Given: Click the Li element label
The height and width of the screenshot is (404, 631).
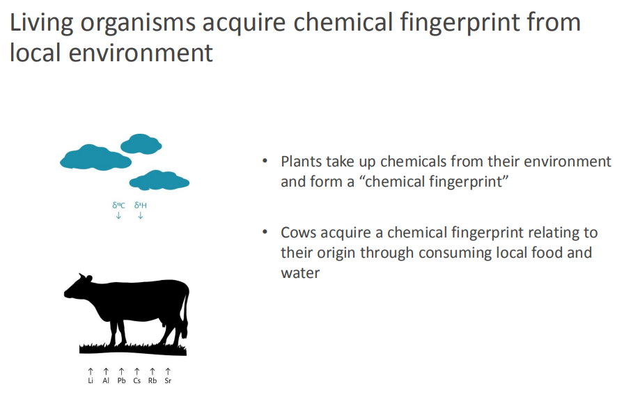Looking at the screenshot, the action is point(91,380).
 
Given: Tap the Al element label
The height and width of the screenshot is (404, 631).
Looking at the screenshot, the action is point(106,380).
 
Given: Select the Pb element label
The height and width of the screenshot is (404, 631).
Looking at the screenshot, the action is point(121,380).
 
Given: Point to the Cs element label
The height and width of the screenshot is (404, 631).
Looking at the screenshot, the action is point(137,380).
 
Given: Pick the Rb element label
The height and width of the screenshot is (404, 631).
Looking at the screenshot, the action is point(153,380).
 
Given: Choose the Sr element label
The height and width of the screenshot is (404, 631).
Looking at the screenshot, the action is point(168,380).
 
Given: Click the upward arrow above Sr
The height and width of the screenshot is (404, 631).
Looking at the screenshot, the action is point(168,371).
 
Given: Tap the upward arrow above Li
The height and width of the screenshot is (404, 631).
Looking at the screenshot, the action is point(91,371).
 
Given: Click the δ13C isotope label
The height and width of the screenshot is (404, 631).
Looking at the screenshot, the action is point(118,205).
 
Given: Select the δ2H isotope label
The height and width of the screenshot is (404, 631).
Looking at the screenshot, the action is point(141,205).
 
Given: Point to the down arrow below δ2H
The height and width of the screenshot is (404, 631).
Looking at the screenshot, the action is point(141,216).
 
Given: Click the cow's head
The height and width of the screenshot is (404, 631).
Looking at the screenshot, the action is point(79,287).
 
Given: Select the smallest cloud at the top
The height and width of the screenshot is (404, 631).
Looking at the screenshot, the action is point(141,144).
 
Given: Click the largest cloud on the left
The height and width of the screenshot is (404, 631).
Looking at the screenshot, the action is point(96,157).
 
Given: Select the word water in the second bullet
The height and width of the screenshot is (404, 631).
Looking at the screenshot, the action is point(300,273).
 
